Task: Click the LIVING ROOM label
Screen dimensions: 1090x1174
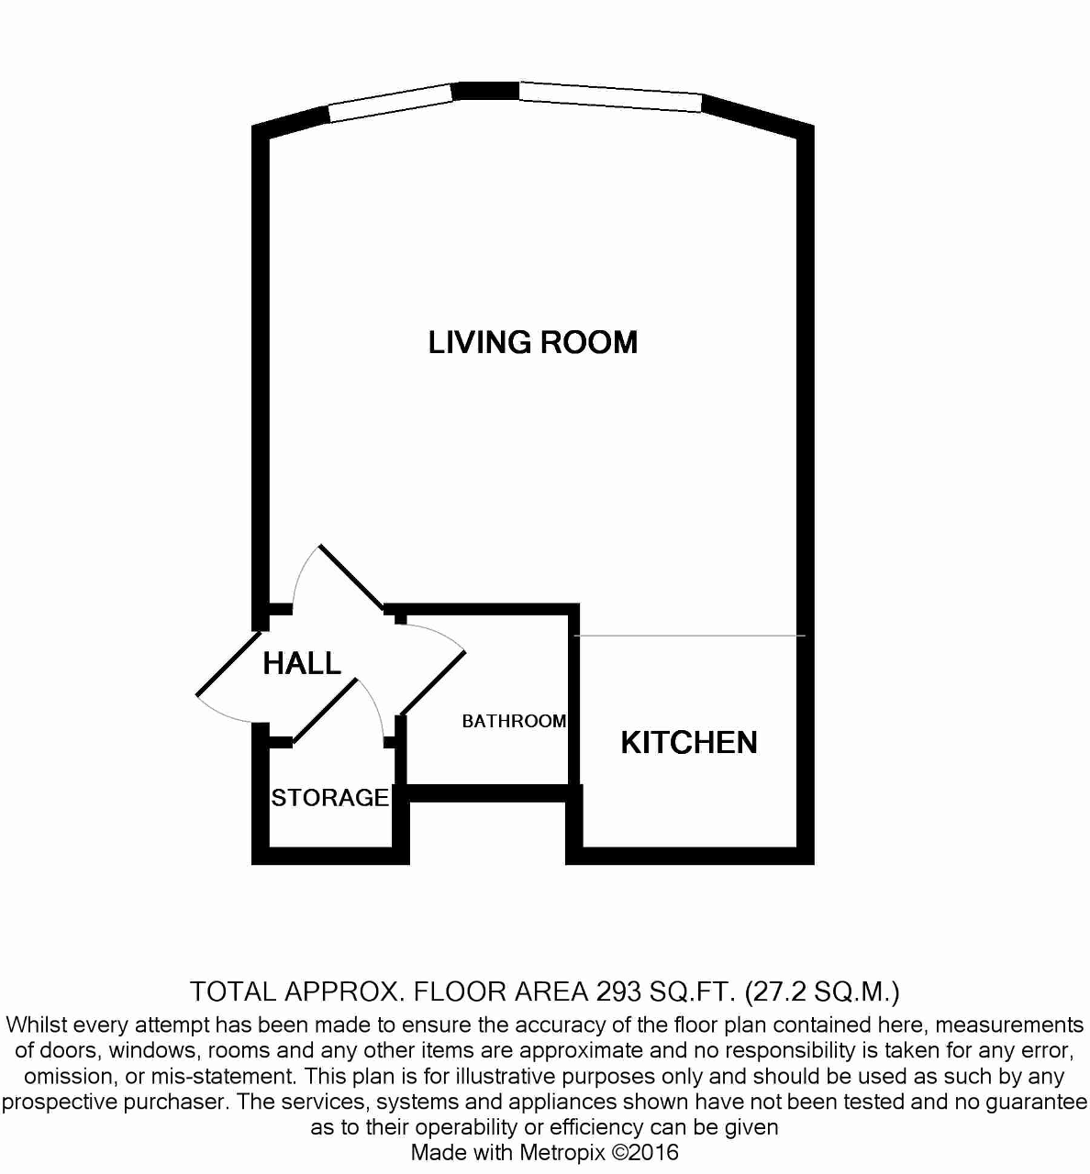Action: pos(533,342)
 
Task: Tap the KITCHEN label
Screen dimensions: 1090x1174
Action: pos(689,743)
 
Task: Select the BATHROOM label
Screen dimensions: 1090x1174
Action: pos(514,721)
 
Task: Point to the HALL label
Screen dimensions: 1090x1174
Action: pos(302,663)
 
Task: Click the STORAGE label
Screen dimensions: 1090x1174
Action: pos(330,798)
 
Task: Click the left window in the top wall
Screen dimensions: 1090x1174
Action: pos(390,103)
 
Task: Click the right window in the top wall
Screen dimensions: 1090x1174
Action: pos(610,97)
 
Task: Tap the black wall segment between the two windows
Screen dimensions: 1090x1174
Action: pos(486,91)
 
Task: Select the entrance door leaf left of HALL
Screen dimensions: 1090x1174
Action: pos(228,663)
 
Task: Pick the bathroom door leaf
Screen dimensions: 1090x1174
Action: pos(432,683)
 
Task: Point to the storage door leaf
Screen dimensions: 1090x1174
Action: pos(326,711)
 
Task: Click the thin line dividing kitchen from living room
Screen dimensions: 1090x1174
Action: pos(690,636)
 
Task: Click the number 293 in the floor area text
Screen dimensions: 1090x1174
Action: pos(618,991)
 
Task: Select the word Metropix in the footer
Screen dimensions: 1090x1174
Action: pos(562,1152)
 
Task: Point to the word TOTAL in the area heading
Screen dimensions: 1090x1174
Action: pos(232,991)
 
